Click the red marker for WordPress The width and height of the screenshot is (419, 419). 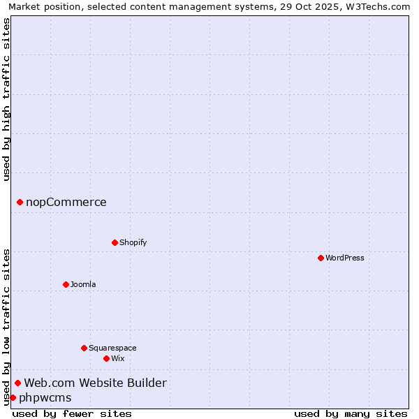[x=321, y=258]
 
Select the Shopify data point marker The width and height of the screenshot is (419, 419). [x=115, y=242]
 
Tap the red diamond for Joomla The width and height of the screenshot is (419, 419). [x=66, y=284]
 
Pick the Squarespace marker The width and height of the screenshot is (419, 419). [x=84, y=348]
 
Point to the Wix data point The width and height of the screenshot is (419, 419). [x=106, y=358]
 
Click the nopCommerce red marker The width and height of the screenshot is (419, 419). [x=20, y=203]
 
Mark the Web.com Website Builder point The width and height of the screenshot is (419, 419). [x=17, y=383]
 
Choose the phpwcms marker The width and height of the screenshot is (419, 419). [x=13, y=398]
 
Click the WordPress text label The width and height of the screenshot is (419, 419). [x=345, y=258]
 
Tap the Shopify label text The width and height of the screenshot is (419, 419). [x=133, y=242]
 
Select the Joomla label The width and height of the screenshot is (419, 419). [x=83, y=284]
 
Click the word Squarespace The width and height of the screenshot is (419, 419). [x=112, y=348]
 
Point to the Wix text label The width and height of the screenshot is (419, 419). [x=118, y=358]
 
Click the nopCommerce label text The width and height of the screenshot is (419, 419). [x=66, y=203]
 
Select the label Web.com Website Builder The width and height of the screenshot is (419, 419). [x=96, y=383]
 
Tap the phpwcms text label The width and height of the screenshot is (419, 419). [x=45, y=398]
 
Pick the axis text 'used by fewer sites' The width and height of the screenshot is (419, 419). [x=72, y=413]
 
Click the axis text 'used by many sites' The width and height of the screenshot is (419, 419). [x=351, y=413]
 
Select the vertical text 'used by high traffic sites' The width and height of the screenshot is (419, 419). [x=6, y=100]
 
